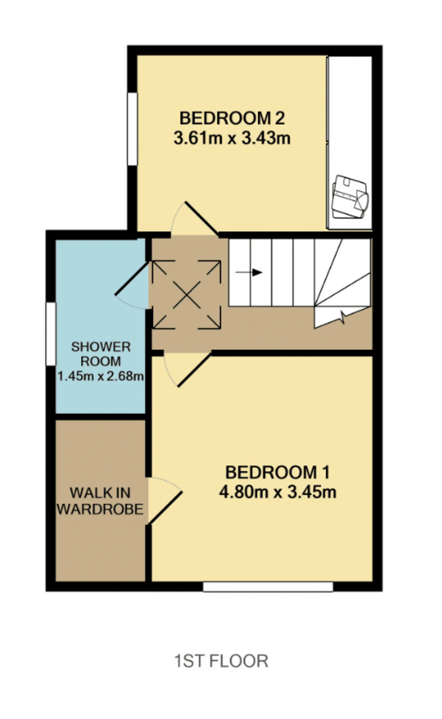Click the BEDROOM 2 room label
(x=232, y=118)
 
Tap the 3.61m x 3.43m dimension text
(x=232, y=138)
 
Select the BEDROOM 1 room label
(x=278, y=472)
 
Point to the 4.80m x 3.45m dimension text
(x=278, y=492)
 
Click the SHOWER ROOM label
(x=101, y=354)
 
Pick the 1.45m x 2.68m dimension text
(x=101, y=376)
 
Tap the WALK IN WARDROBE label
(x=100, y=501)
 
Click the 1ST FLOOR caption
(x=221, y=661)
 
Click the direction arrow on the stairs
(x=249, y=272)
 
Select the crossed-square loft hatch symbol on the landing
(x=186, y=294)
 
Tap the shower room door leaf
(x=132, y=279)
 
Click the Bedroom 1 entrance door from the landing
(x=194, y=369)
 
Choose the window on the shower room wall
(x=51, y=334)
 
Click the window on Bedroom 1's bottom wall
(x=268, y=587)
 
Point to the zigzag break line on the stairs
(x=343, y=317)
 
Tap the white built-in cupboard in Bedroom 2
(x=350, y=142)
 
